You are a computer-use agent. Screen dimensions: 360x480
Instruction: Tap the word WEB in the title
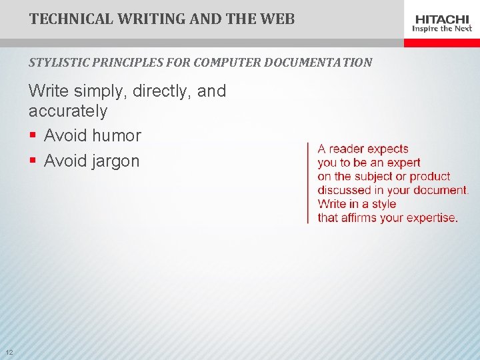tap(277, 19)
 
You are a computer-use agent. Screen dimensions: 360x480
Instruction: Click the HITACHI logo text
tap(442, 19)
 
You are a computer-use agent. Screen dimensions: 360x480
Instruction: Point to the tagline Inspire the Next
tap(442, 29)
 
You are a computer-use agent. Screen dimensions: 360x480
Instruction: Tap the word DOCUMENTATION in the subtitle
tap(318, 63)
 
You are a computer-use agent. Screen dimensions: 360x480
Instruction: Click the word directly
tap(165, 91)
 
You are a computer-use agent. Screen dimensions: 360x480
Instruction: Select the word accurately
tap(67, 111)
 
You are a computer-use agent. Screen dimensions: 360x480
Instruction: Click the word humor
tap(117, 136)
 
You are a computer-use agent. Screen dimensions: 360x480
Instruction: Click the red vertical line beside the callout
tap(308, 183)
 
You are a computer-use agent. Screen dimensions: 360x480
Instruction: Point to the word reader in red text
tap(347, 149)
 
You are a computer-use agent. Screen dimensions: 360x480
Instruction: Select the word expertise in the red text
tap(430, 218)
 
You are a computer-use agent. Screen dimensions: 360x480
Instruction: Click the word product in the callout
tap(430, 177)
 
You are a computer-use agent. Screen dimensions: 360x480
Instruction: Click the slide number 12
tap(9, 352)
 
